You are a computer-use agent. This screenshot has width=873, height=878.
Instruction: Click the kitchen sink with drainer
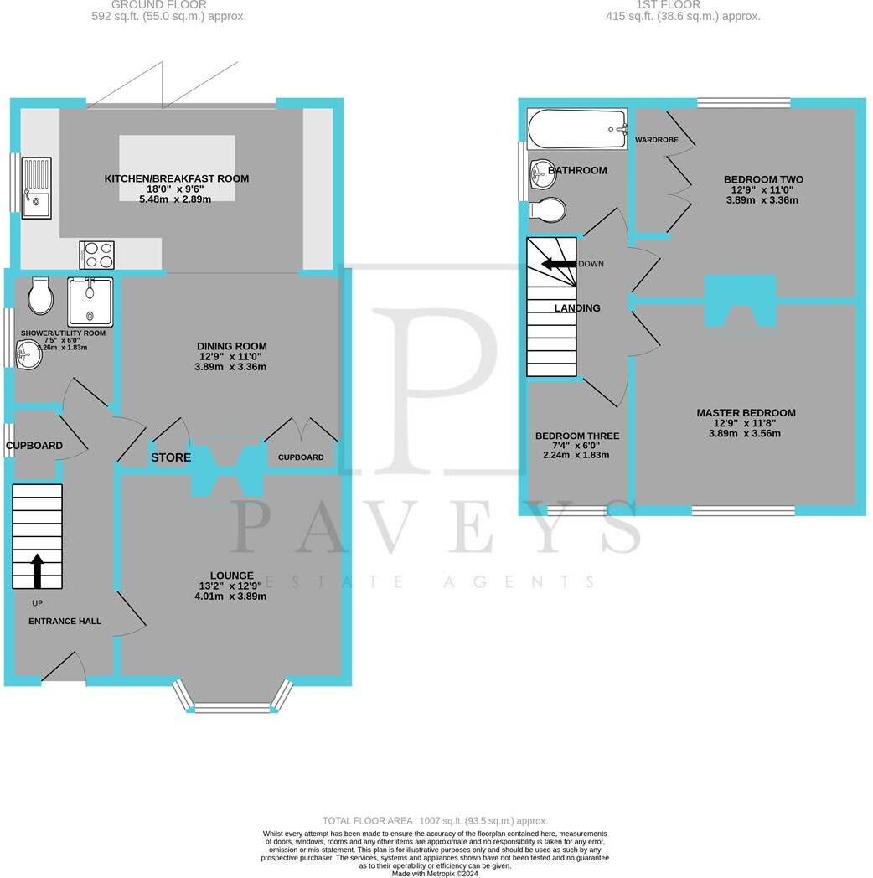tap(36, 187)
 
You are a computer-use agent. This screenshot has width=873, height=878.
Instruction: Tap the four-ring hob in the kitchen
tap(96, 255)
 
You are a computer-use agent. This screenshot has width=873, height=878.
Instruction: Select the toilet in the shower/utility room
tap(39, 295)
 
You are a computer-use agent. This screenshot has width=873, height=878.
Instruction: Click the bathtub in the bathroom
tap(577, 129)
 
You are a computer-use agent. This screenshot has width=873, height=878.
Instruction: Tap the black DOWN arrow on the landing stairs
tap(559, 264)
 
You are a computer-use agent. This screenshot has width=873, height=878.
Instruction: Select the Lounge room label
tap(231, 576)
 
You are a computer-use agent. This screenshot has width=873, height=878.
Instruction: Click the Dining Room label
tap(231, 346)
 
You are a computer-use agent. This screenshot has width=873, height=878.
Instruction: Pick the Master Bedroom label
tap(746, 413)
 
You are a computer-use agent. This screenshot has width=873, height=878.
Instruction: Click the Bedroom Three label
tap(577, 436)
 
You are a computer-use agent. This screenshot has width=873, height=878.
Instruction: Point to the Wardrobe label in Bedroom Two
tap(657, 139)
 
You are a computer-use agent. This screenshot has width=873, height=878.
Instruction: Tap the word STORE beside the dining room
tap(171, 457)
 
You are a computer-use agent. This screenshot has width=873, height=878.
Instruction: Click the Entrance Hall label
tap(65, 622)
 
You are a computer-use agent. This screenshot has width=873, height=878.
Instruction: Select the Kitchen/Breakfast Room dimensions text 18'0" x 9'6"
tap(176, 189)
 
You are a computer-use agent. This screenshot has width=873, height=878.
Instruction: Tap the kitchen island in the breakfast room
tap(177, 168)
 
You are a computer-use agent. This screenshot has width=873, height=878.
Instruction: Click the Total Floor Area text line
tap(435, 821)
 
